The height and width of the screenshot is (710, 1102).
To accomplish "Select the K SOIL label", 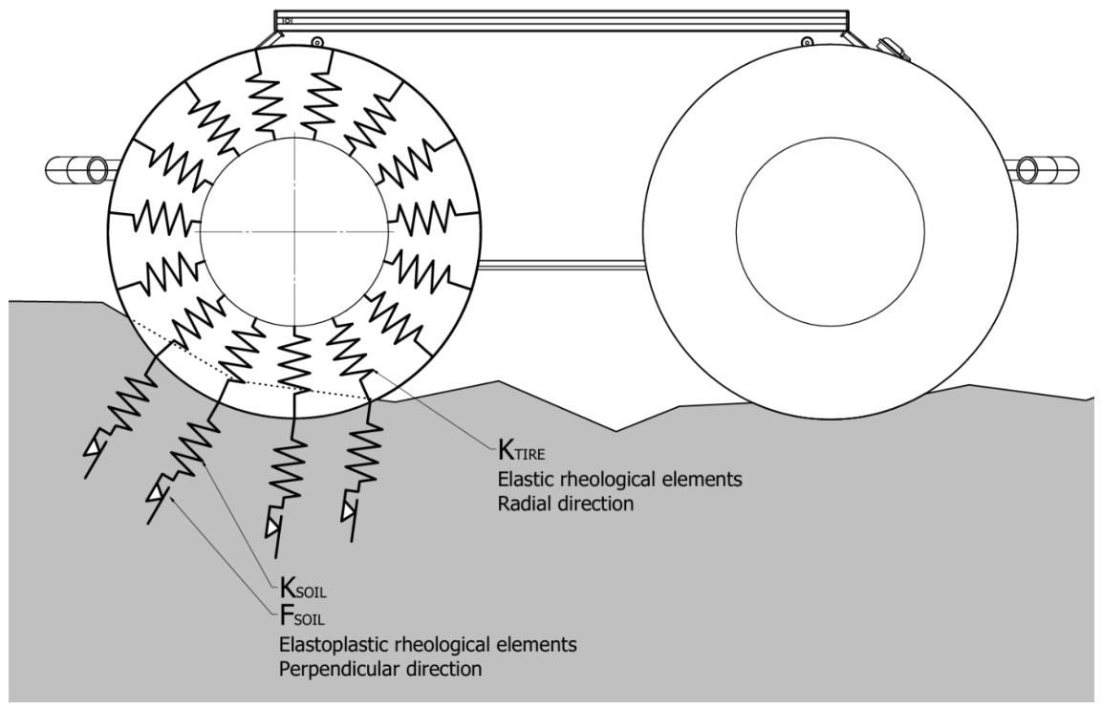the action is click(303, 588).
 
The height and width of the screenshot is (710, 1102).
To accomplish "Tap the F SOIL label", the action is click(302, 616).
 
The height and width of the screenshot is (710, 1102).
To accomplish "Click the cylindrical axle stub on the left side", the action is click(76, 169).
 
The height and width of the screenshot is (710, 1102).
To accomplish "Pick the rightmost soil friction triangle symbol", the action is click(348, 512).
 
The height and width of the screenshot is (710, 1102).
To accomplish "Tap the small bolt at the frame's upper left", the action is click(316, 40).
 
